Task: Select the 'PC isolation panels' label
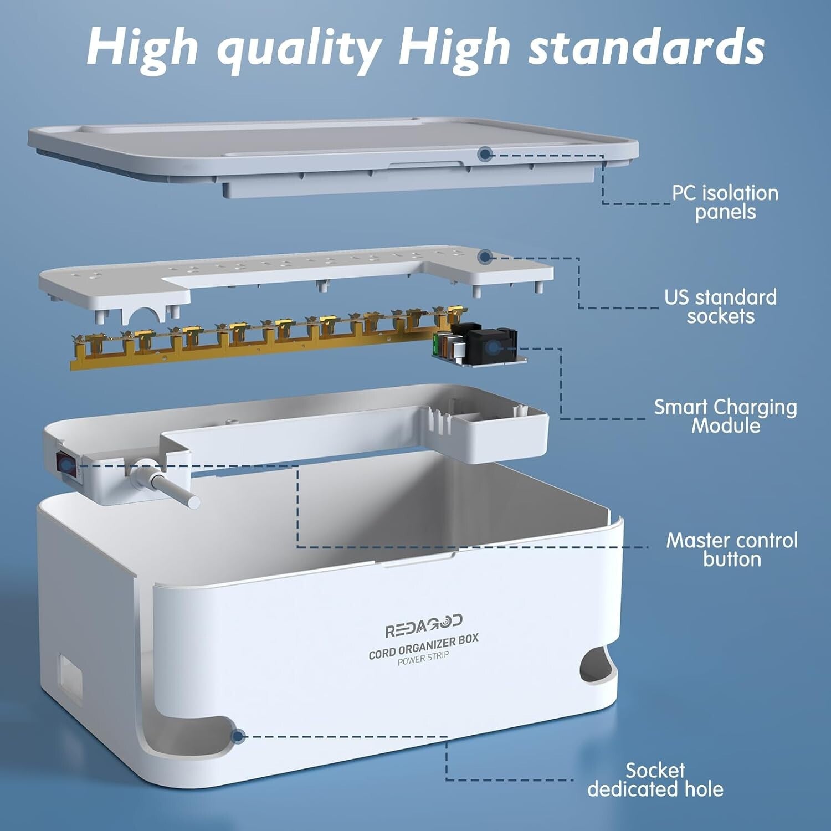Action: tap(725, 202)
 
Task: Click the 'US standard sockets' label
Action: tap(720, 306)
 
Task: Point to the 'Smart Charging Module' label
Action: tap(725, 416)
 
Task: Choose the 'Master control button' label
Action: tap(732, 549)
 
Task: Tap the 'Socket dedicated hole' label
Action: tap(655, 779)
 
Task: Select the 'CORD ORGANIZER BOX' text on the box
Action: tap(423, 647)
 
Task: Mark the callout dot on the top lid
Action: tap(485, 153)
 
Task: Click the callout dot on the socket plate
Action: tap(485, 257)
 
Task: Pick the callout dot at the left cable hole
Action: tap(238, 736)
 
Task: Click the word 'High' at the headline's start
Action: tap(142, 47)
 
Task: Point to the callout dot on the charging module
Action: tap(494, 348)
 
